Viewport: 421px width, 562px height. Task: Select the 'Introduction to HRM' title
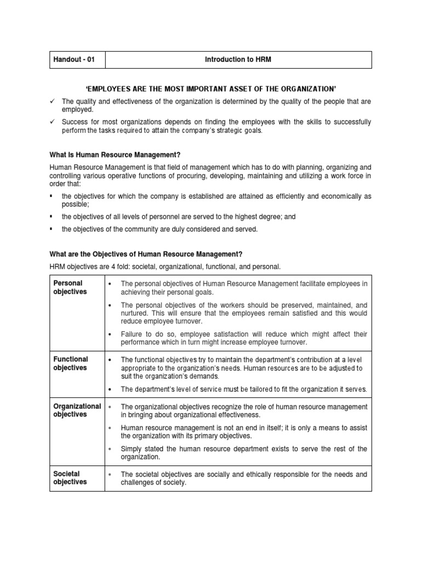238,60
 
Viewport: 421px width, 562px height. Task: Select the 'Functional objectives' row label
70,363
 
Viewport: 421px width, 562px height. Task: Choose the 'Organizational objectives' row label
77,411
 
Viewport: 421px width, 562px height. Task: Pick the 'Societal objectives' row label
70,478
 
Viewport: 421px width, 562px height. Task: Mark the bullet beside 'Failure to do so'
110,334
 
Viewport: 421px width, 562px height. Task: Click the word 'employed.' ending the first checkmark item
77,109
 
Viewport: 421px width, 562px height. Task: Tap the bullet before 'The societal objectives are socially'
110,474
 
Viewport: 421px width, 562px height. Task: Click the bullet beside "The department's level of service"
110,390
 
